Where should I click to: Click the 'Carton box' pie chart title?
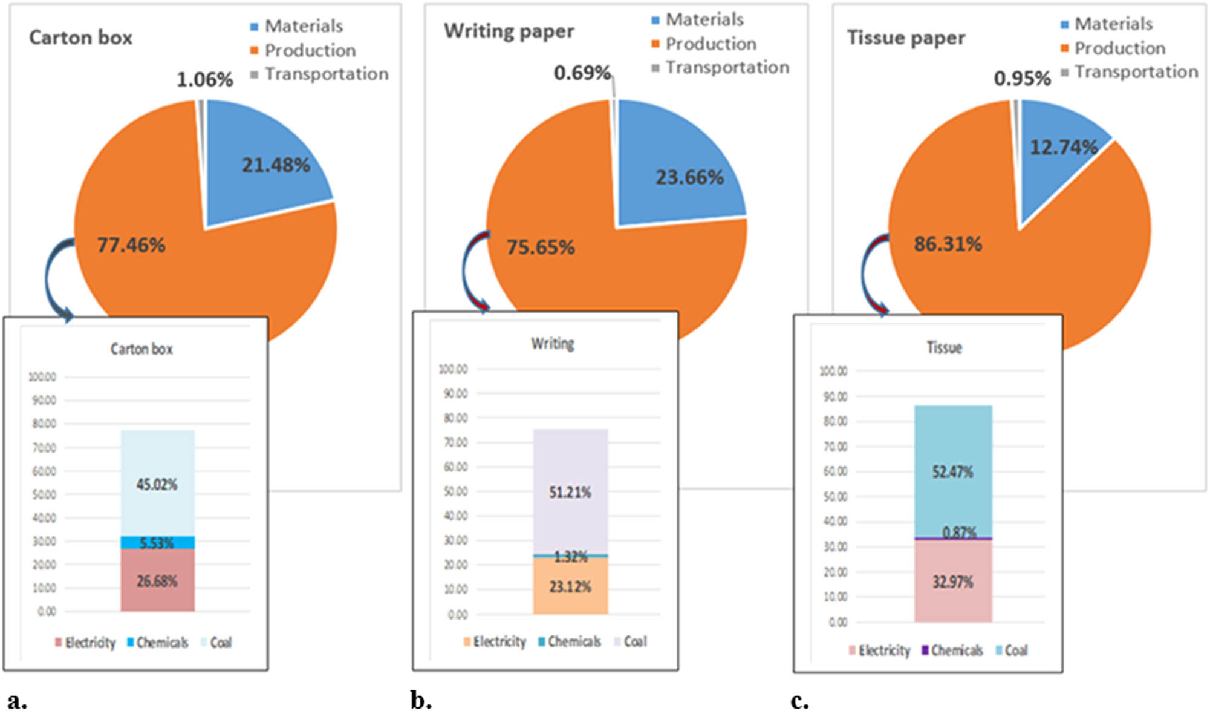[80, 38]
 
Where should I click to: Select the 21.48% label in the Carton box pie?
[276, 165]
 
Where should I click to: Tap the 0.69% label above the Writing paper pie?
[582, 73]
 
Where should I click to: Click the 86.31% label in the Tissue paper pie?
[948, 244]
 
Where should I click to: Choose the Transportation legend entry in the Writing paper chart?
[721, 68]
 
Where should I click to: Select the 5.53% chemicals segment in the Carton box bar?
[157, 543]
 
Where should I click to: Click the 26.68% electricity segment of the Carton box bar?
[157, 581]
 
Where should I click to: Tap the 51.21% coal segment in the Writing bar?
[570, 492]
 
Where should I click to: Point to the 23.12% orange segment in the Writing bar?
[570, 586]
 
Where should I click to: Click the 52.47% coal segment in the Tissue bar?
[952, 471]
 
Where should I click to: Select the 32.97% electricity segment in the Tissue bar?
[952, 582]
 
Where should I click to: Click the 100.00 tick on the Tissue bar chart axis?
[833, 371]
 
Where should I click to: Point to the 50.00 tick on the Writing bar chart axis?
[455, 491]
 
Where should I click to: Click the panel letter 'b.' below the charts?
[421, 700]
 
